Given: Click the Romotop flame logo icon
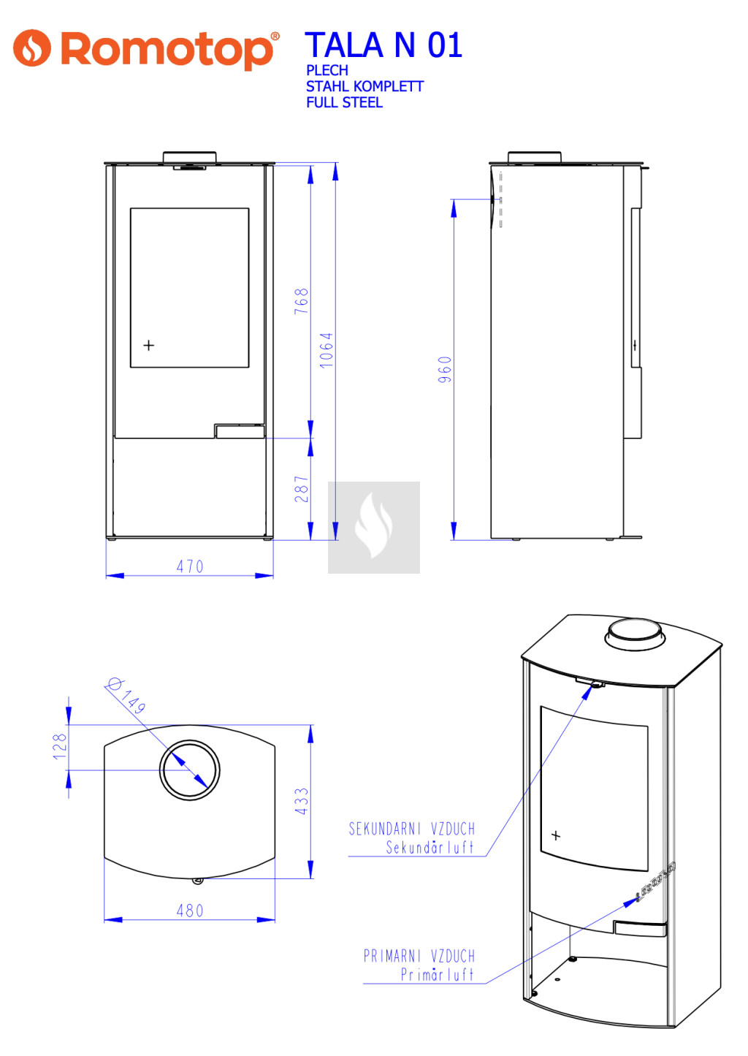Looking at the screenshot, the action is (31, 48).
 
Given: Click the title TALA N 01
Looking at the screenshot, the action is (383, 45).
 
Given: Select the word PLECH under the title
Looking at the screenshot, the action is (327, 71).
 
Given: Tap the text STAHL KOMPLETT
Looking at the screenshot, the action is (365, 87).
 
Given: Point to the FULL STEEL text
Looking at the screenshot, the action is (344, 103).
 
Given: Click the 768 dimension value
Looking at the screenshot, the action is (301, 301).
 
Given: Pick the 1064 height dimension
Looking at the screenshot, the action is (327, 350).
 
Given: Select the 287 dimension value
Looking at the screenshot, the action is (301, 489).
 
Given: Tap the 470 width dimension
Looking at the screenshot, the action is (190, 566).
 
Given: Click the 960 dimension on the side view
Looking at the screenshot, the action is (444, 370).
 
